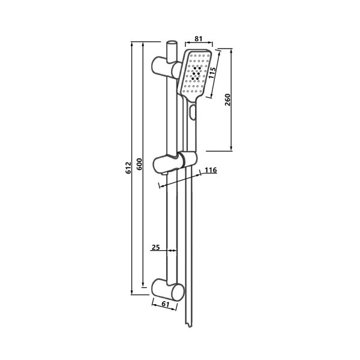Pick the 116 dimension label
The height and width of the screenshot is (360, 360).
(x=209, y=170)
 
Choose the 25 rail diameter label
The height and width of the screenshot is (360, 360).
(x=155, y=247)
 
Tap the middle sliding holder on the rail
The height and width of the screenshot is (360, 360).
(x=174, y=161)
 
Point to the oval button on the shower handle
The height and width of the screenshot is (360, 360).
(x=193, y=112)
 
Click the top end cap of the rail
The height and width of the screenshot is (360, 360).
(x=172, y=43)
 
